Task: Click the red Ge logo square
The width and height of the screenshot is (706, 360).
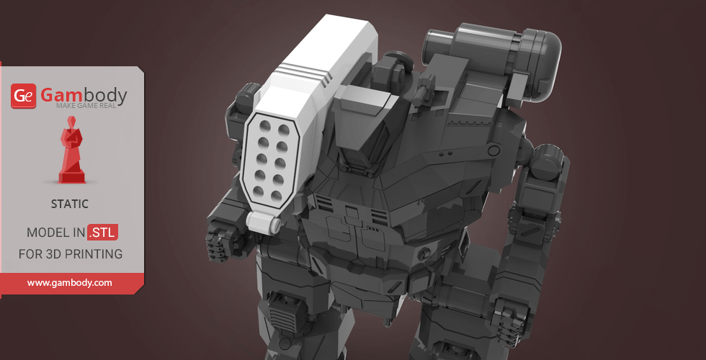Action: (x=23, y=96)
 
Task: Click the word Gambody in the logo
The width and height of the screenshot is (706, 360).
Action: (x=84, y=95)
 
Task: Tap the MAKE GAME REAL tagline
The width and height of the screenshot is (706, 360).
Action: (x=86, y=106)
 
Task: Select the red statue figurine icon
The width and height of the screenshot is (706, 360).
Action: (x=71, y=150)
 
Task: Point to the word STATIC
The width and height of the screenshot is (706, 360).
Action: (x=70, y=204)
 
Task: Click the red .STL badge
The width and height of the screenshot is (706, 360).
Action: (x=102, y=233)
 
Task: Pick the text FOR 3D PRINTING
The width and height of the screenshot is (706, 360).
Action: (x=71, y=253)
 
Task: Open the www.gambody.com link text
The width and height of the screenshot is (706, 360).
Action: (x=69, y=283)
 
